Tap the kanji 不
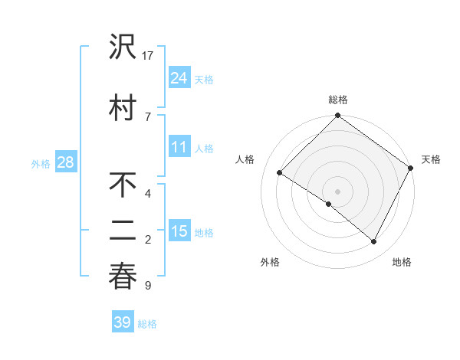click(123, 186)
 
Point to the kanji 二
click(123, 231)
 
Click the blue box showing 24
click(179, 78)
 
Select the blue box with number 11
click(179, 148)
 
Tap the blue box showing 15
click(179, 231)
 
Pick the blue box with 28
click(65, 162)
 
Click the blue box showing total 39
click(122, 322)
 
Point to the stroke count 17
click(149, 55)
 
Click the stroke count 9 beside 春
click(147, 286)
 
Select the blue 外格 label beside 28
click(41, 163)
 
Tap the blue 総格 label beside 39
click(147, 324)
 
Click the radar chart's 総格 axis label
click(338, 100)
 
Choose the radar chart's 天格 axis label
click(431, 159)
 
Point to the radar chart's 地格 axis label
click(402, 262)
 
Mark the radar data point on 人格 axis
click(280, 173)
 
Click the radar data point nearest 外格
click(329, 204)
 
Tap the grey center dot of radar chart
click(337, 191)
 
